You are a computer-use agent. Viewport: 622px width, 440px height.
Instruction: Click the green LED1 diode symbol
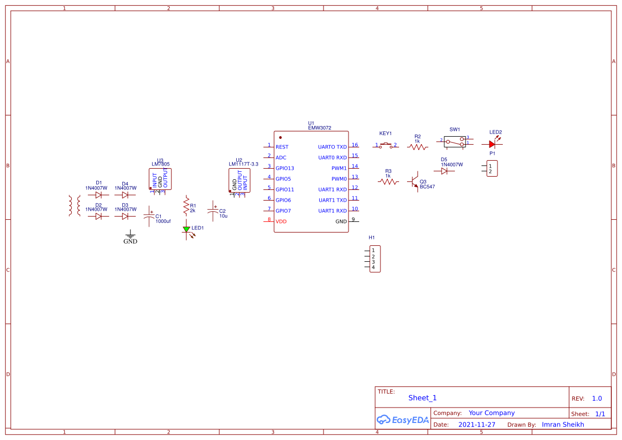186,229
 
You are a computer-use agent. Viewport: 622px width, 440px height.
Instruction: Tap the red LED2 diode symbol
492,144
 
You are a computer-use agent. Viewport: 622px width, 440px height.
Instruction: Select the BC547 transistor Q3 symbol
415,182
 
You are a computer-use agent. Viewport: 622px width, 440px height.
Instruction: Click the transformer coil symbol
74,206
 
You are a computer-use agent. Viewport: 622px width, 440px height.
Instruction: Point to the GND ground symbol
130,235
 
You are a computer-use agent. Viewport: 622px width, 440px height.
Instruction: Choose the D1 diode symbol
98,195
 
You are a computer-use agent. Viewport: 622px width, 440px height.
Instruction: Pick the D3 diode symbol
125,217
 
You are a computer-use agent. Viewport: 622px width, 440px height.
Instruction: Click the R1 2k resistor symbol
186,205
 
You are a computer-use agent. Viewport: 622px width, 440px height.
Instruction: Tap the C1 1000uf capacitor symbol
149,216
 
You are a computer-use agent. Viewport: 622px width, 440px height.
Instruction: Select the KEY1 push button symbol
386,145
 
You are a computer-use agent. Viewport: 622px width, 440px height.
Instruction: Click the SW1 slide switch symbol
454,142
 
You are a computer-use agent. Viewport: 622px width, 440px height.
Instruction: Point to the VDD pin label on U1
281,221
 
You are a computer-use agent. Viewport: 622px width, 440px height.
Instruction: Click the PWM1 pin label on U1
339,168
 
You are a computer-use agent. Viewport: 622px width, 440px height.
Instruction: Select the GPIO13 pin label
285,168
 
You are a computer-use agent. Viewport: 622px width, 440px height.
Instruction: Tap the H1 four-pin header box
375,259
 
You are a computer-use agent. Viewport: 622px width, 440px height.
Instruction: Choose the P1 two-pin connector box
492,169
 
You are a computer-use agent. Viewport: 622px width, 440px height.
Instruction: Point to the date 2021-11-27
477,425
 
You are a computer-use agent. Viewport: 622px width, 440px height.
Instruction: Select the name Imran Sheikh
563,425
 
